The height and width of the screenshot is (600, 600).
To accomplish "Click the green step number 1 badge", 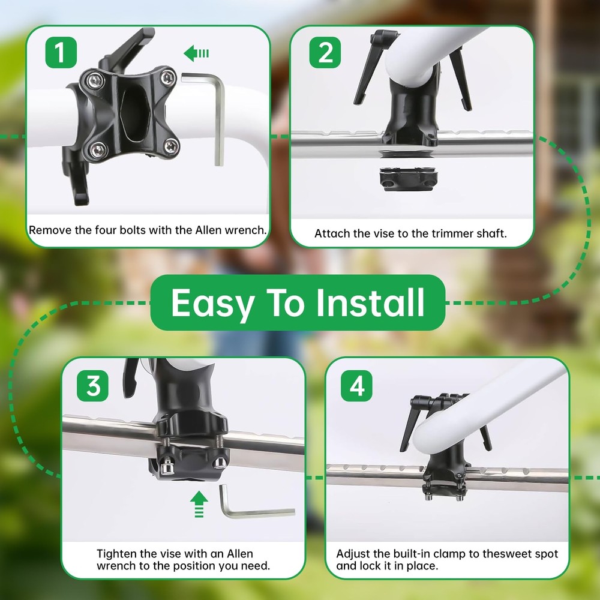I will [61, 52].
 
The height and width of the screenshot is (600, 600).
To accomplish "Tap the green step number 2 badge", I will [325, 52].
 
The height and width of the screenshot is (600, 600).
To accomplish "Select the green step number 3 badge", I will [94, 386].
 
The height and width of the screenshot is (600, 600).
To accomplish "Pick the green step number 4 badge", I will [356, 386].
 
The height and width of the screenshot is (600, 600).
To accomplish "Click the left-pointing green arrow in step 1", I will [196, 54].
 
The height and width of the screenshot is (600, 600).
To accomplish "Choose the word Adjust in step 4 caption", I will [353, 554].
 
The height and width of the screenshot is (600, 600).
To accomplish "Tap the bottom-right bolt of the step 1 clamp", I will [171, 145].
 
